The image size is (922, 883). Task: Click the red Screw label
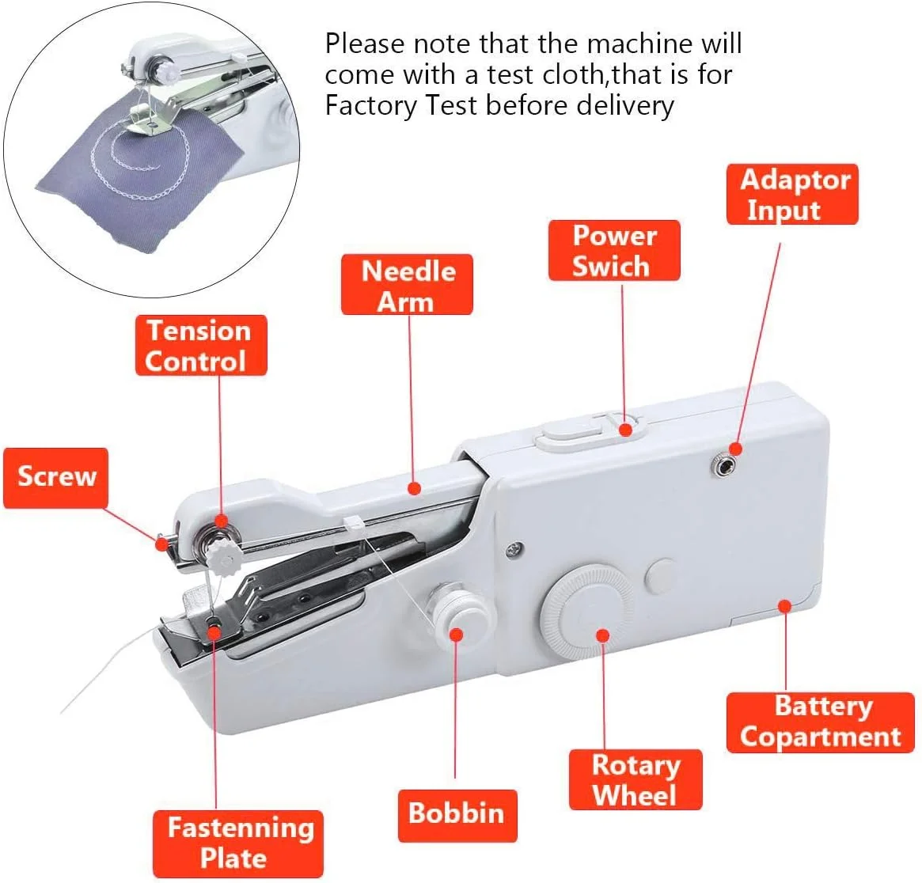point(56,478)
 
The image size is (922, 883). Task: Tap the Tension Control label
point(201,346)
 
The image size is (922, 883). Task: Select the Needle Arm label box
point(407,285)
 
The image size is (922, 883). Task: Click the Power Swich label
point(614,251)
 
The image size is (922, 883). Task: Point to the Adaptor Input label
point(792,195)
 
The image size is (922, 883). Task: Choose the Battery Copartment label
point(820,722)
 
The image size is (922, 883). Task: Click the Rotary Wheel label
point(636,779)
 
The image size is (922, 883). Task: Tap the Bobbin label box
point(457,816)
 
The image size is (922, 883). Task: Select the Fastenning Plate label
point(238,843)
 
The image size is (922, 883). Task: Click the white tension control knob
point(224,556)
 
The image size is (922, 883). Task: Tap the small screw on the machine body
point(514,550)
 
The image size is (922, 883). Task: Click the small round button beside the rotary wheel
point(661,575)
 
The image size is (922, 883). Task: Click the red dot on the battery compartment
point(784,605)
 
